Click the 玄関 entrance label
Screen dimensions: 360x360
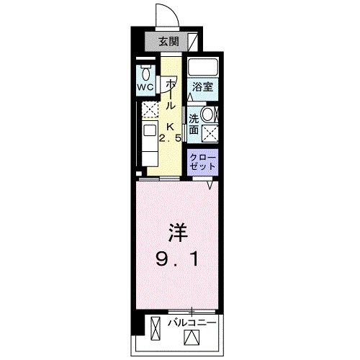(x=169, y=40)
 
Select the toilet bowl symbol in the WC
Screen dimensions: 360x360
(x=147, y=73)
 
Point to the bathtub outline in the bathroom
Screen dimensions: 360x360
(x=202, y=68)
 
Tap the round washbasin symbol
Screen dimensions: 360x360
(x=208, y=114)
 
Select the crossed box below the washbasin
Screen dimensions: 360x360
(x=210, y=132)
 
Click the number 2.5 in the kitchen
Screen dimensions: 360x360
(x=171, y=138)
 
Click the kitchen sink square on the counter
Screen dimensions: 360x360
(x=148, y=131)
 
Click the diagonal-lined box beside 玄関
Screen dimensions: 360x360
(x=192, y=41)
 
